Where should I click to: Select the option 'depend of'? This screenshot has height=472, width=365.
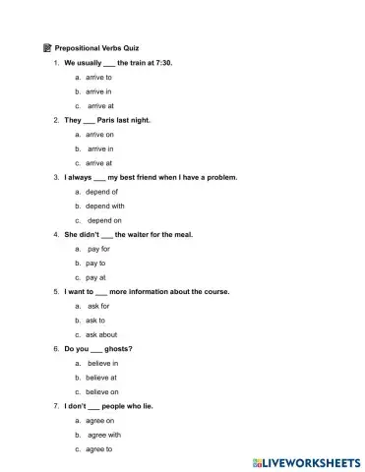coord(101,192)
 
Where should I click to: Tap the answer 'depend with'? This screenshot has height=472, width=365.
coord(104,206)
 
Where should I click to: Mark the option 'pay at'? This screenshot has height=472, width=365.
coord(95,277)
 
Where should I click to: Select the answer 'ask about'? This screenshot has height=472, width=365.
coord(101,334)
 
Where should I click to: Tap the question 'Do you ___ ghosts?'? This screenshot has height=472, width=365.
coord(98,349)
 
